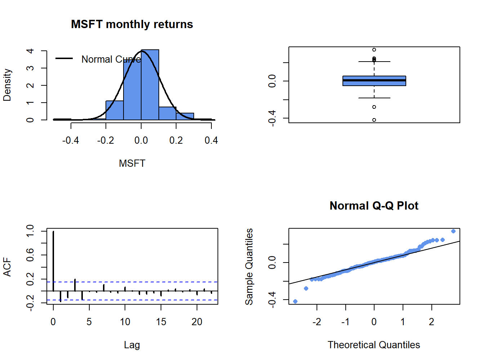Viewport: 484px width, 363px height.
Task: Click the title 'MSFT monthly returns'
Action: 132,24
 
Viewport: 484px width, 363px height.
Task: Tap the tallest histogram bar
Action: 150,85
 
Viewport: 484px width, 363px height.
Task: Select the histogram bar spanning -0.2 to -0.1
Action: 115,110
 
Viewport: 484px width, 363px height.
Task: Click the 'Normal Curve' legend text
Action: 111,59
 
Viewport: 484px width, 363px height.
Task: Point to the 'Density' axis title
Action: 7,85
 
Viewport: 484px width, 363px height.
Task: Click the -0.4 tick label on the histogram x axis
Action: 71,140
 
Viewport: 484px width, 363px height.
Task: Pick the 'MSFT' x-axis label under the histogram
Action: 132,163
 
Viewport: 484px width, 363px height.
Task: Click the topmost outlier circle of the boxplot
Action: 374,50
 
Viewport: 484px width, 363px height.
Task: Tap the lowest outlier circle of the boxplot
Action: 374,120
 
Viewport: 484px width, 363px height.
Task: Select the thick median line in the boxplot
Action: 374,80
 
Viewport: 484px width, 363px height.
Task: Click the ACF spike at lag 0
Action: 53,261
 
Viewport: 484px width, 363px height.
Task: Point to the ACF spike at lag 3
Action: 75,285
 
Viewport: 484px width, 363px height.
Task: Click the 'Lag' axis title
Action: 132,345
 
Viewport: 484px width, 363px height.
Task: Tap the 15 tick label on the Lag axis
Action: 161,322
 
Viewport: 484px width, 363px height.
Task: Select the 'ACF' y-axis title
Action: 7,267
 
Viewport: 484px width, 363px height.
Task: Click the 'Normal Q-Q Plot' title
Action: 374,206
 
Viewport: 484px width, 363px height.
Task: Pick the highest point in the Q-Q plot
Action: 453,231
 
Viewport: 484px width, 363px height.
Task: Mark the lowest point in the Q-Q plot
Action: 295,301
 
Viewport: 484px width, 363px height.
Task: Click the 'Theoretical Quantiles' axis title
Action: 374,345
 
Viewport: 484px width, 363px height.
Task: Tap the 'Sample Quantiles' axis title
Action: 249,266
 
